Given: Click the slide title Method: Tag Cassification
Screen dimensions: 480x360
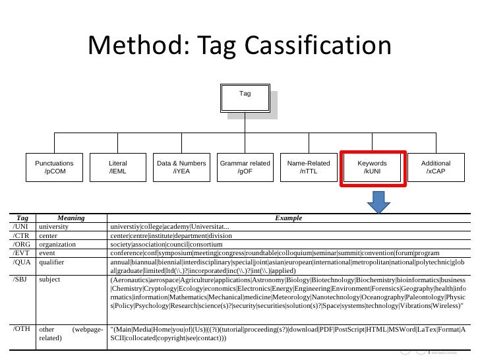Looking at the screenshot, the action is click(239, 46).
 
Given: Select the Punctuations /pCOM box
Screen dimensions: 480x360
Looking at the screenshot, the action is click(54, 167).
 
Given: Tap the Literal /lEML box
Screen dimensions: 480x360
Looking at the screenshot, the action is click(118, 167).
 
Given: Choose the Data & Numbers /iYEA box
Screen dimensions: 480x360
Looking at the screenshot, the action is click(181, 167).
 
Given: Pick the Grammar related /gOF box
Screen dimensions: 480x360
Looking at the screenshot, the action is click(245, 167).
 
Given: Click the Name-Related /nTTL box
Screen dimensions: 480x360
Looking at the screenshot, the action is click(309, 167).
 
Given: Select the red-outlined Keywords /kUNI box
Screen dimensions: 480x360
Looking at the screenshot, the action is click(372, 167).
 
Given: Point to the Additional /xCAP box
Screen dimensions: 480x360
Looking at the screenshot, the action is click(435, 167).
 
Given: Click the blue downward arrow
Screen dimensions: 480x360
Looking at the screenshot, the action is click(378, 202).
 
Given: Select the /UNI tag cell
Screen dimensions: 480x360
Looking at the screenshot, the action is click(21, 227).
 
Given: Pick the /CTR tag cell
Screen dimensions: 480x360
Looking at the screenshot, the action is click(21, 235).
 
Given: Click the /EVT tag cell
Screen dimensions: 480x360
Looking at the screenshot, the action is click(21, 253).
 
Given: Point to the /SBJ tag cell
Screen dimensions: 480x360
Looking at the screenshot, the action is click(21, 280).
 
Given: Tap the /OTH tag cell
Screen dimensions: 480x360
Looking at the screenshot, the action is click(22, 328).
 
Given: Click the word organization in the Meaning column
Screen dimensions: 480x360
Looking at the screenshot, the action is click(58, 244).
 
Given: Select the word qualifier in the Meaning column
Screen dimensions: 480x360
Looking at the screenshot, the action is click(52, 261).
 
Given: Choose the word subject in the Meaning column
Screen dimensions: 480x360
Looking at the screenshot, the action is click(50, 280).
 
